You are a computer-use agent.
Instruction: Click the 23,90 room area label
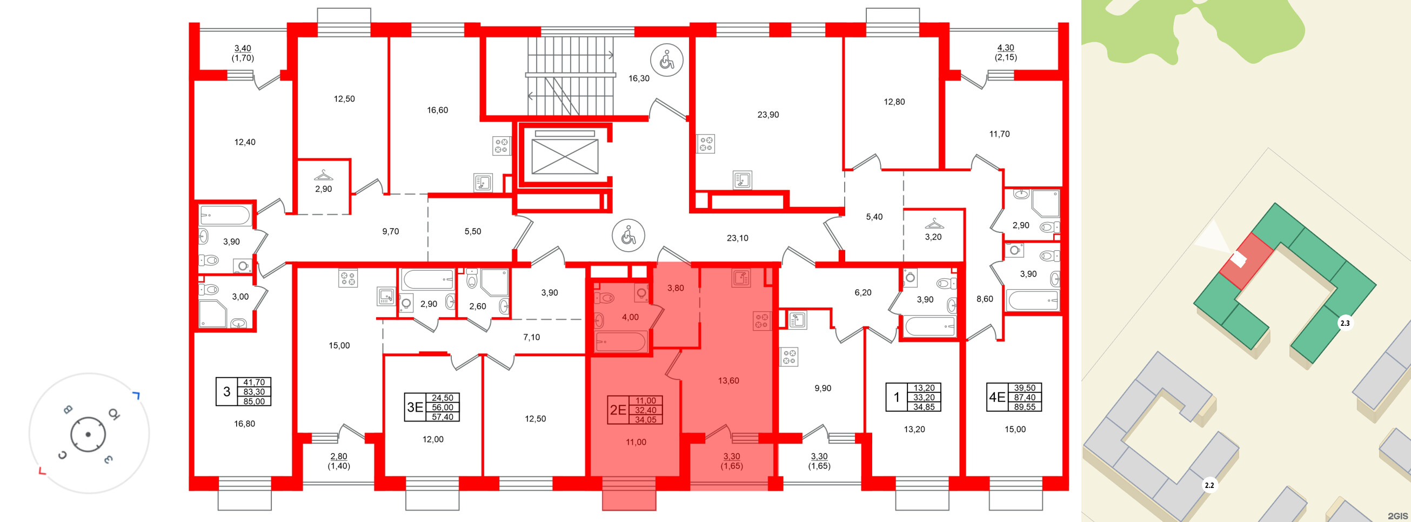(768, 115)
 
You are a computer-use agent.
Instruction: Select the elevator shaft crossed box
(565, 156)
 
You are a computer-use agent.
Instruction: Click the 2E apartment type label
(618, 410)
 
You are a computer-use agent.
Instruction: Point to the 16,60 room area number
(437, 110)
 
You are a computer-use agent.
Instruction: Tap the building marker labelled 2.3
(1345, 323)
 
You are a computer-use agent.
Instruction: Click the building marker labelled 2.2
(1209, 485)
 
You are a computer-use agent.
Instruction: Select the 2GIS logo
(1397, 516)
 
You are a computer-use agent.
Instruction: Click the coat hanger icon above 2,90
(323, 175)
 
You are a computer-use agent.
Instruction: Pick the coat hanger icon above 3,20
(934, 224)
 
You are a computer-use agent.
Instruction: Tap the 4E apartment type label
(997, 397)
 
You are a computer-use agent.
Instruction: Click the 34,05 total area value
(646, 419)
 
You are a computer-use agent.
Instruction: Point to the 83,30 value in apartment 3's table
(254, 392)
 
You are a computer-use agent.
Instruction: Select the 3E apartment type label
(414, 407)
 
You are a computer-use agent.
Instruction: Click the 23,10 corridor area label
(737, 238)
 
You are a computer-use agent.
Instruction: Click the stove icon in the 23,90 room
(706, 144)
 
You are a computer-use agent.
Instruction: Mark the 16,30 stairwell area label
(639, 78)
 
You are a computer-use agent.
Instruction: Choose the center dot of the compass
(88, 434)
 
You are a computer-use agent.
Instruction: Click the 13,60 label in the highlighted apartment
(728, 380)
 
